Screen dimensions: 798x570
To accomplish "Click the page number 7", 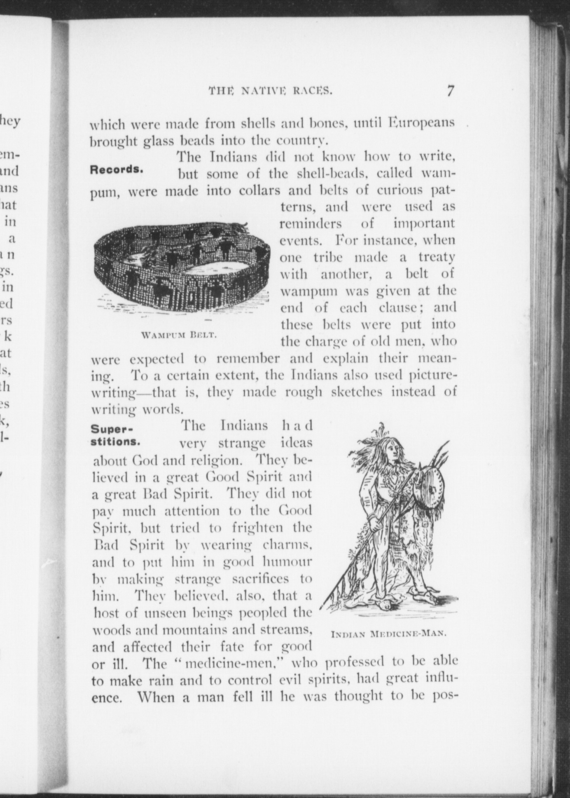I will (x=450, y=90).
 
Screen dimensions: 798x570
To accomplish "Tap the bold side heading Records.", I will (x=117, y=170).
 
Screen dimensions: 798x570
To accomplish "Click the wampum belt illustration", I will (x=181, y=268).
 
